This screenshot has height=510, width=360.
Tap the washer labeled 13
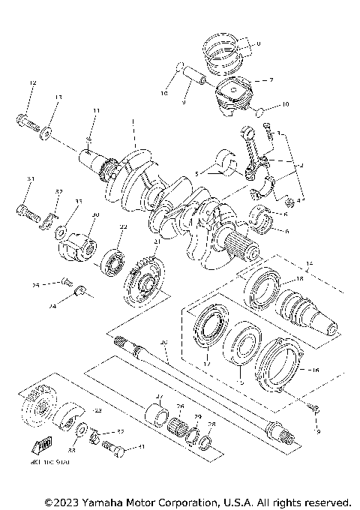coord(47,131)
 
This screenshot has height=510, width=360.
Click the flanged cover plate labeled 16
coord(282,367)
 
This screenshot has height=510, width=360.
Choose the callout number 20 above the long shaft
coord(164,342)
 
